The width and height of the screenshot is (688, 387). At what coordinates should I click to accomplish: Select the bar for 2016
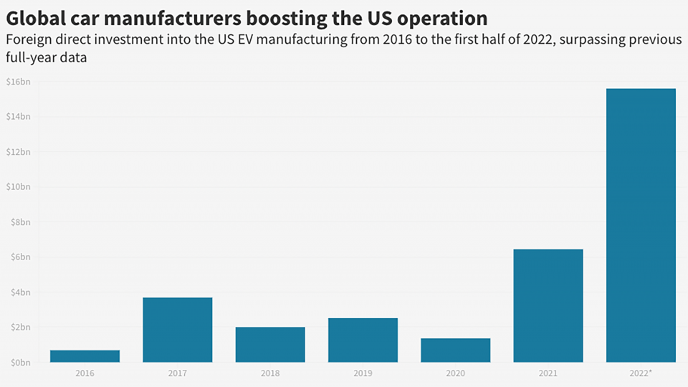pyautogui.click(x=85, y=356)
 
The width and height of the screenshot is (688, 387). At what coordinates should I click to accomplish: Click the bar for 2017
pyautogui.click(x=177, y=330)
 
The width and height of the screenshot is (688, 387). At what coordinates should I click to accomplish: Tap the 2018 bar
pyautogui.click(x=270, y=345)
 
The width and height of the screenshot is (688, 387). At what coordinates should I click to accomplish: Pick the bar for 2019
pyautogui.click(x=363, y=340)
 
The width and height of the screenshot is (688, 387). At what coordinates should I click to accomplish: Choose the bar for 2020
pyautogui.click(x=456, y=350)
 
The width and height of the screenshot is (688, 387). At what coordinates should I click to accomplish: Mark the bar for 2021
pyautogui.click(x=548, y=306)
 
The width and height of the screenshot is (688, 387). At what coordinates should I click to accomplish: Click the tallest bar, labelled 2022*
pyautogui.click(x=641, y=226)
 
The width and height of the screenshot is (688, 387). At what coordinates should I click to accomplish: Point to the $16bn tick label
pyautogui.click(x=18, y=82)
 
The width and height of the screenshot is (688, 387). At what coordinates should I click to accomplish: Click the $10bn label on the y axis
pyautogui.click(x=18, y=187)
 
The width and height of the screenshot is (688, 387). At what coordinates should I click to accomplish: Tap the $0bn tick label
pyautogui.click(x=19, y=363)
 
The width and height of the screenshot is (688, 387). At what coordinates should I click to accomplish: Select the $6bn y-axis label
pyautogui.click(x=19, y=257)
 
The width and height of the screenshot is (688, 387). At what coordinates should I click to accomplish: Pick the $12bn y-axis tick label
pyautogui.click(x=18, y=152)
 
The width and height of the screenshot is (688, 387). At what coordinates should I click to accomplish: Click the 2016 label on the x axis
pyautogui.click(x=85, y=373)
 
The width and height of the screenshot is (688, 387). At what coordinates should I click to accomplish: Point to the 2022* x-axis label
pyautogui.click(x=641, y=373)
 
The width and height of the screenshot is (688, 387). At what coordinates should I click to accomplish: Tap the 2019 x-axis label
pyautogui.click(x=363, y=373)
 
